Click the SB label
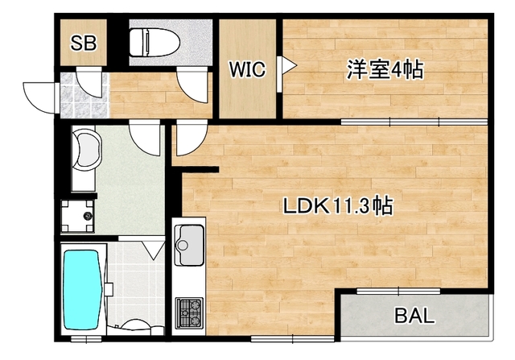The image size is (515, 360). pos(83,43)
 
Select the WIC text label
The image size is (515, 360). pos(246,69)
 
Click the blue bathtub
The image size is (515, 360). pos(81,288)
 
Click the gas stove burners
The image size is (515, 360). pos(190,311)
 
